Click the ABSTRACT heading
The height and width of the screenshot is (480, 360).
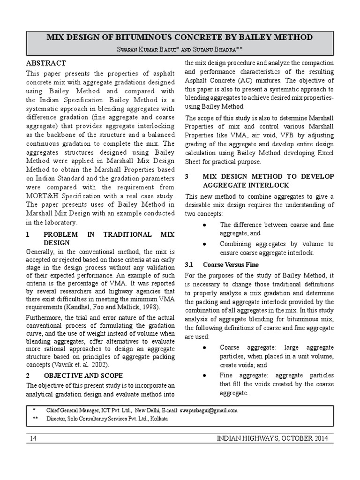click(x=46, y=63)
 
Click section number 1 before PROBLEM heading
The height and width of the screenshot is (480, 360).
click(x=28, y=234)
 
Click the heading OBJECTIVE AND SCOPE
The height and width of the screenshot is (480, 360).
click(x=83, y=375)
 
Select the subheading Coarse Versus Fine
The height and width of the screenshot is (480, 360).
click(x=230, y=264)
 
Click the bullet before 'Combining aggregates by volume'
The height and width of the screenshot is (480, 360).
click(x=205, y=244)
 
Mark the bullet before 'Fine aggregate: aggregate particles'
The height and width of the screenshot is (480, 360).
click(x=205, y=375)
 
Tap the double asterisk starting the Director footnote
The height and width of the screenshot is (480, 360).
click(x=35, y=419)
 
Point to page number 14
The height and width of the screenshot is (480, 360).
click(x=33, y=438)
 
